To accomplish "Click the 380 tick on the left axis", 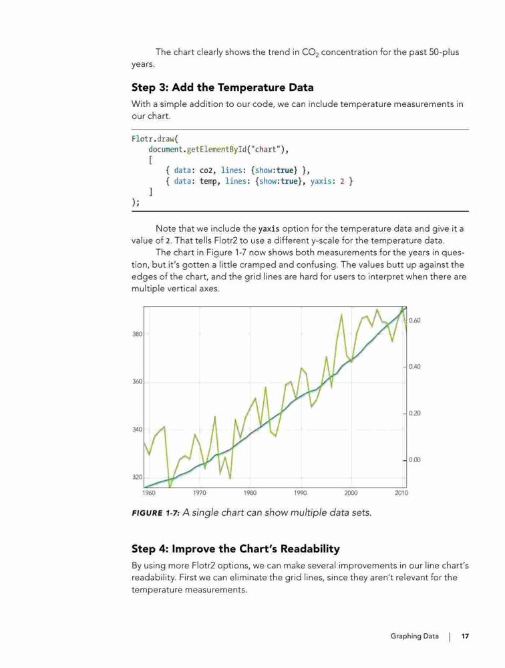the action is point(137,334).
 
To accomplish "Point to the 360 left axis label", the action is point(137,381).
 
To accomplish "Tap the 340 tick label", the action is point(137,430).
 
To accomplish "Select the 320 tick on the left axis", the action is point(137,477).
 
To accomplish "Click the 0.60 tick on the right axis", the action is point(414,321).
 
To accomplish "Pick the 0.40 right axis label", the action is point(414,367).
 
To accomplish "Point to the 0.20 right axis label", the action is point(414,413).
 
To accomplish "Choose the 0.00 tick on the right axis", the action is point(414,460).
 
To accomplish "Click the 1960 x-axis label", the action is point(149,493).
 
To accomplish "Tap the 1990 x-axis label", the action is point(301,493).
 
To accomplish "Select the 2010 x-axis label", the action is point(401,493).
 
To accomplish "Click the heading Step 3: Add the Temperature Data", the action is point(222,88).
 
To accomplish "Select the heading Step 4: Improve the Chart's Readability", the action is point(236,548).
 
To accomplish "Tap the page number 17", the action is point(465,636).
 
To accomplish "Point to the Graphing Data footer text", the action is point(414,637).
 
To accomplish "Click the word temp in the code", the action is point(208,182).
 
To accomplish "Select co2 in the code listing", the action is point(206,170).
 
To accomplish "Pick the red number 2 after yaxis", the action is point(342,182).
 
